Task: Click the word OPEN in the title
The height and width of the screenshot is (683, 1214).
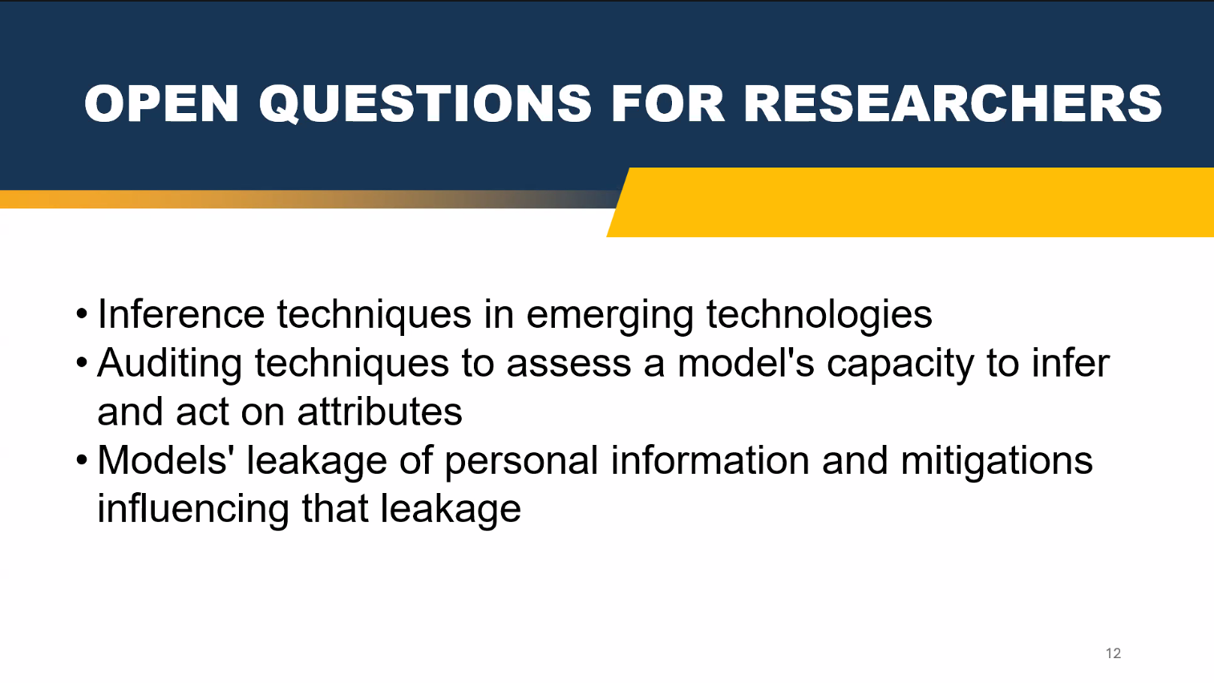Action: click(161, 103)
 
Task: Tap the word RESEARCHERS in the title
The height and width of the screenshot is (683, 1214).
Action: click(953, 103)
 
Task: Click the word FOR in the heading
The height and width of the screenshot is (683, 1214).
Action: click(668, 103)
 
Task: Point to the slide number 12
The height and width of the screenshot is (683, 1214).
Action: click(1113, 653)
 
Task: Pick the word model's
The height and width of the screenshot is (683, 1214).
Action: click(746, 363)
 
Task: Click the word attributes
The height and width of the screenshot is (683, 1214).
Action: click(380, 411)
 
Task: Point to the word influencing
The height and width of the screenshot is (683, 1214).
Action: click(193, 510)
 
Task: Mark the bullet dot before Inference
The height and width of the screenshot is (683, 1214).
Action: click(82, 314)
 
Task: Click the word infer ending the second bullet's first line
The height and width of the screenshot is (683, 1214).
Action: click(1070, 363)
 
